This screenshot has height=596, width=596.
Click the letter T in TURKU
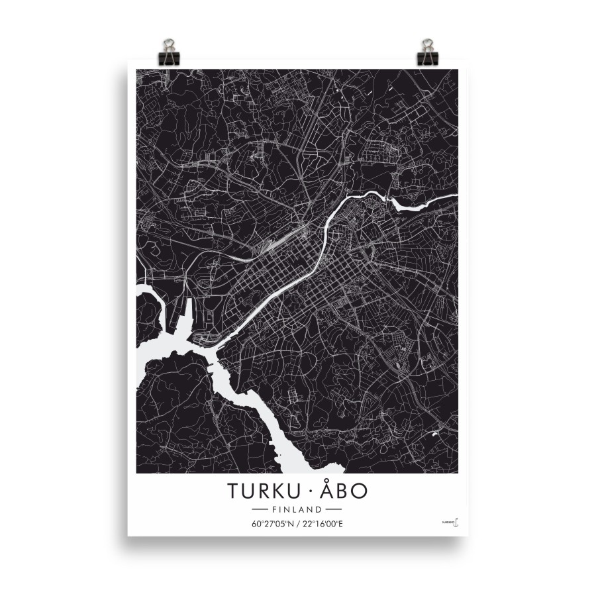coord(234,491)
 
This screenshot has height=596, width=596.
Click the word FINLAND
coord(297,509)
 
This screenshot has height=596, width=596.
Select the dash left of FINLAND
coord(260,509)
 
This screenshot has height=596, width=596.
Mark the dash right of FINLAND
coord(333,509)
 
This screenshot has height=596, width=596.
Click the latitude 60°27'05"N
coord(273,524)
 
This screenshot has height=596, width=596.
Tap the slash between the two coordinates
coord(298,524)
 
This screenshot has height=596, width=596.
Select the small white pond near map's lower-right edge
coord(434,434)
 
